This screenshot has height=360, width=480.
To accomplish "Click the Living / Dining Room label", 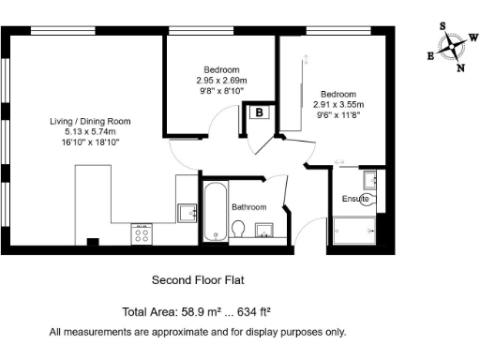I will tap(91, 121).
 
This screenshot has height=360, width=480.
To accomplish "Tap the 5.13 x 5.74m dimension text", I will tap(91, 132).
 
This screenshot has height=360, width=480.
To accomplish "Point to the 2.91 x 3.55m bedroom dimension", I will tap(338, 105).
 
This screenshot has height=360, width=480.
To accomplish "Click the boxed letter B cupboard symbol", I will tap(260, 112).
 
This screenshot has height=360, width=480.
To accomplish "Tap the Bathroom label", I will tap(249, 207).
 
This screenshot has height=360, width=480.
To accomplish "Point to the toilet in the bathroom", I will tap(240, 230).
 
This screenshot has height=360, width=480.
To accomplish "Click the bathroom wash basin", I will tap(263, 232).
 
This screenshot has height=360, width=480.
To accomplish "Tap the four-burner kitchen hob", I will tap(142, 233).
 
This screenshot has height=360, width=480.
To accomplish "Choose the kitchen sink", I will tap(187, 212).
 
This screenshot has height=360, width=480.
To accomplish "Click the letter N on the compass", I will tap(459, 67).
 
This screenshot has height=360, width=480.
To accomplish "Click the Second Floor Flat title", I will tap(198, 279).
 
